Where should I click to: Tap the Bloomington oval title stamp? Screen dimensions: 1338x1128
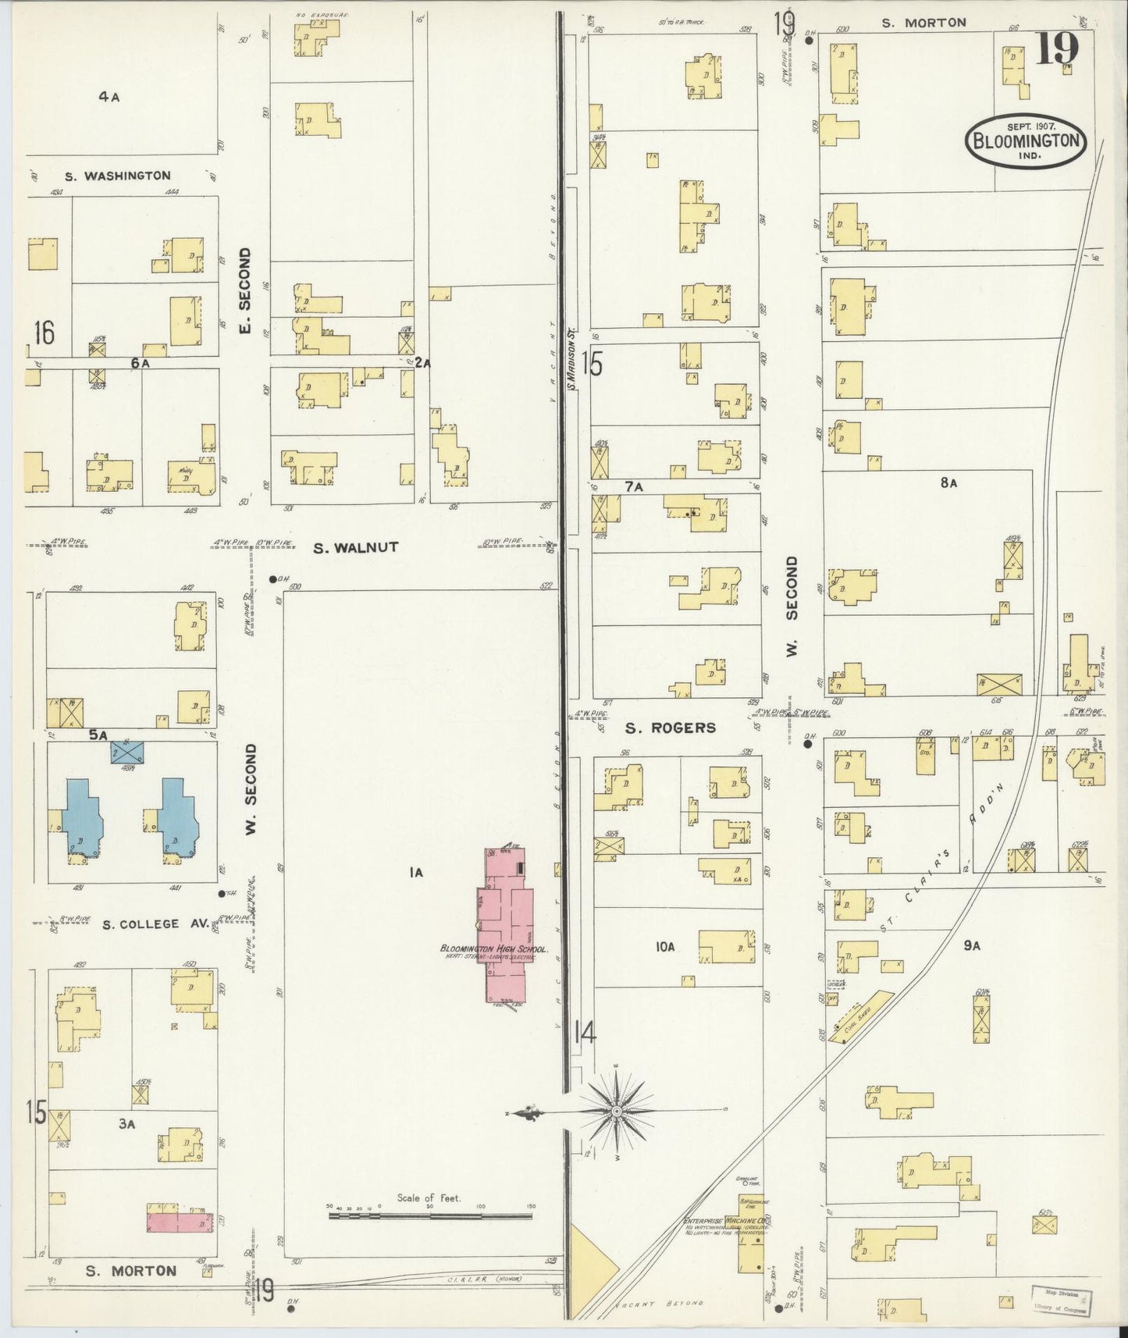point(1026,141)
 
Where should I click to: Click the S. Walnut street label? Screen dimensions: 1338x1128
point(355,548)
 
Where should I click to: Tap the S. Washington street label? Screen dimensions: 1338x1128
point(117,176)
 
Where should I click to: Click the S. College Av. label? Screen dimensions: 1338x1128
point(156,923)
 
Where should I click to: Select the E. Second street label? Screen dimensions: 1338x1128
point(244,290)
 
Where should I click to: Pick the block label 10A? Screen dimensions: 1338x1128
point(664,947)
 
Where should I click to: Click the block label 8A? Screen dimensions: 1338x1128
point(948,483)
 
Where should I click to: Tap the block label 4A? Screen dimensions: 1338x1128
point(109,97)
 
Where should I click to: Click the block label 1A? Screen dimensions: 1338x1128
point(415,874)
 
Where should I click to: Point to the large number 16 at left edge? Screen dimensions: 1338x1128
point(44,333)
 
